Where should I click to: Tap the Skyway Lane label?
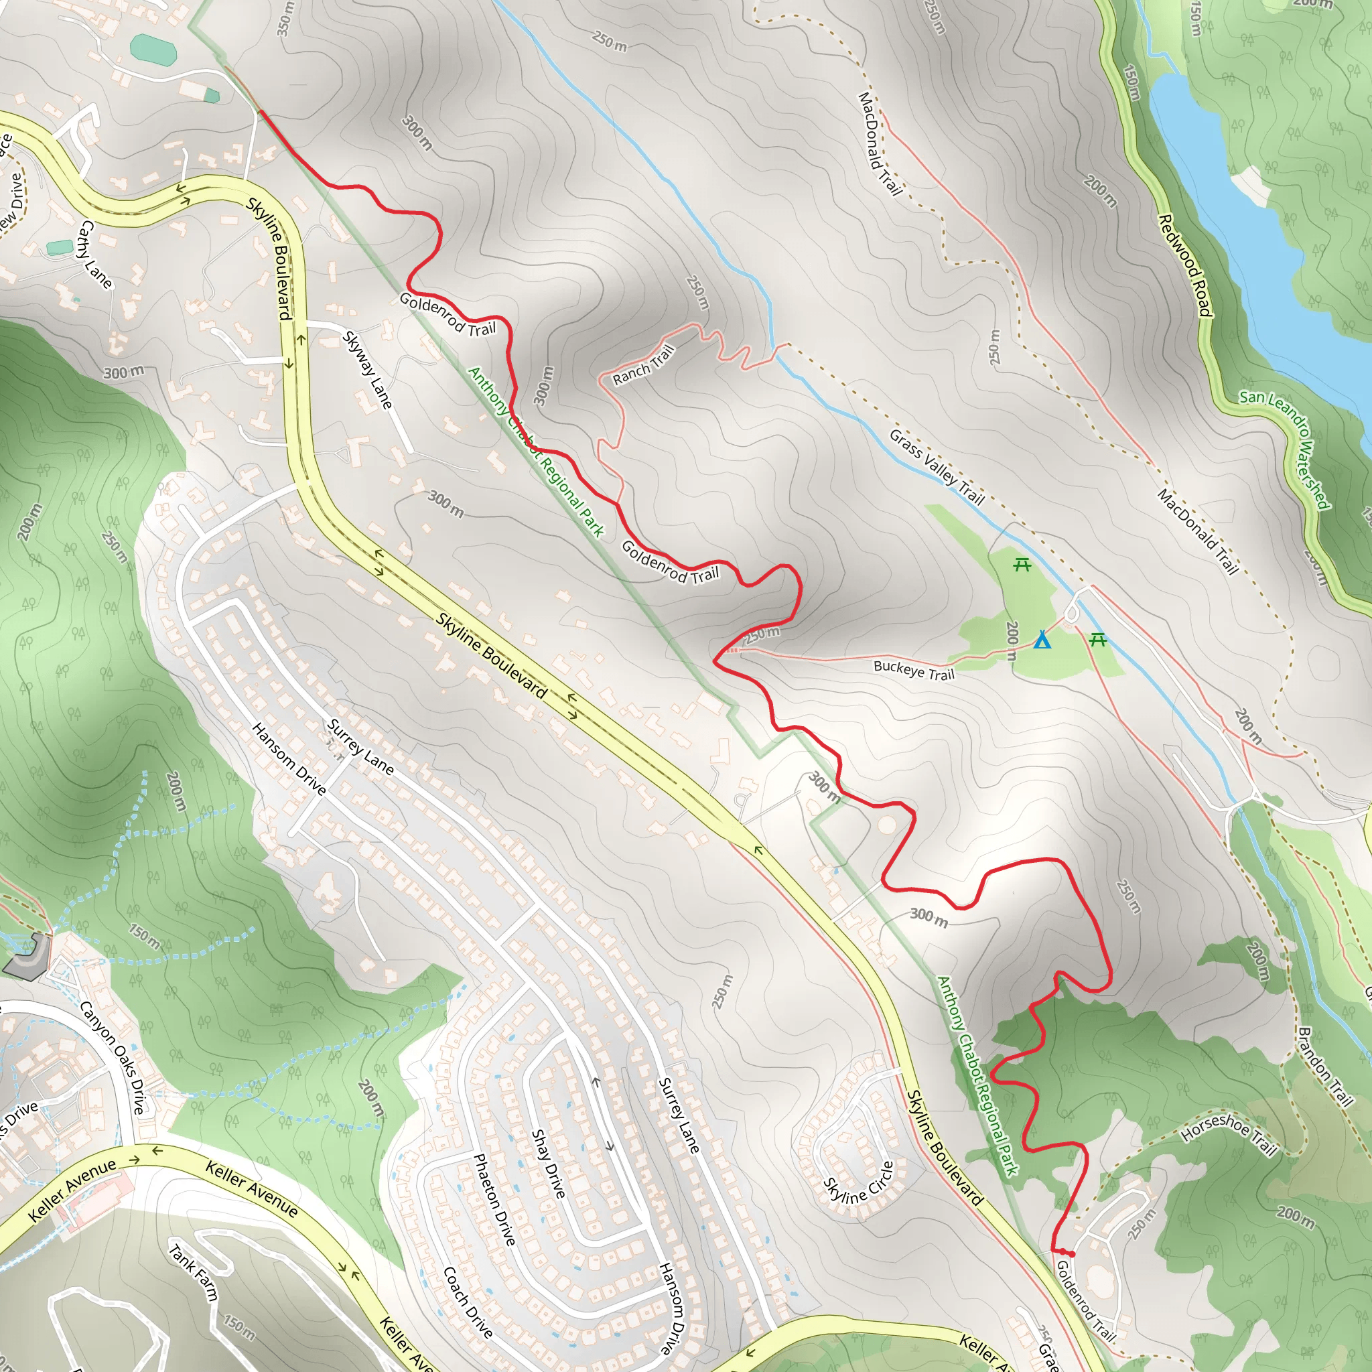click(367, 370)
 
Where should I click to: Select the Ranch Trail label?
click(643, 365)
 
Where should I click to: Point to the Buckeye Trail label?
click(914, 671)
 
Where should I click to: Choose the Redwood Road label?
click(1184, 265)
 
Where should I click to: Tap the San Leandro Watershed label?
click(1286, 449)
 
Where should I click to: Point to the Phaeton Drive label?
click(494, 1199)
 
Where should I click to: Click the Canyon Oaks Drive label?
click(112, 1057)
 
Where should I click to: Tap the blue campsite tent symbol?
click(1042, 640)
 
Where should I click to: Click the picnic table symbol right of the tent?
click(1098, 640)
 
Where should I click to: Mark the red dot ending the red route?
click(1072, 1255)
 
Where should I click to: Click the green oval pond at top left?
click(153, 49)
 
